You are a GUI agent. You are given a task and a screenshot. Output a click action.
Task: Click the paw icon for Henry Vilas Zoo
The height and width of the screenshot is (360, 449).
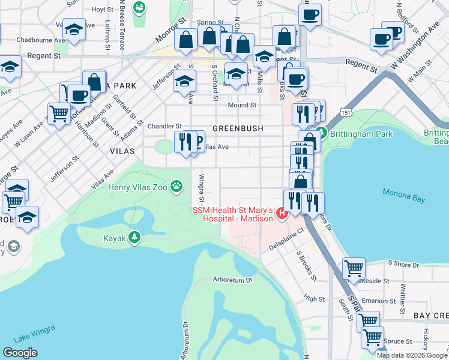[176, 187]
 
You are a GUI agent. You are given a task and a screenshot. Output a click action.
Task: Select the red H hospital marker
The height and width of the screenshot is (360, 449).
[282, 213]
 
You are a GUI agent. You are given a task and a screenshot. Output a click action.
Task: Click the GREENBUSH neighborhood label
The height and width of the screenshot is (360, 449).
[238, 128]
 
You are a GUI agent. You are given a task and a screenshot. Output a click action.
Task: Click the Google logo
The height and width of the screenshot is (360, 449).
[20, 353]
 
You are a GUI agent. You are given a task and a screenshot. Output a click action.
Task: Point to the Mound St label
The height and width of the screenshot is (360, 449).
[242, 105]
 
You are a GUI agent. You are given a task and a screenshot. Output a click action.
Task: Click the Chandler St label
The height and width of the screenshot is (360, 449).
[164, 126]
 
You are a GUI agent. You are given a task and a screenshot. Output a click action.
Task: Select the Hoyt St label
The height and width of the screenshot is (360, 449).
[103, 10]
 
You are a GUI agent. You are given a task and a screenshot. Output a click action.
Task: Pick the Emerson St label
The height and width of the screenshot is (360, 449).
[375, 301]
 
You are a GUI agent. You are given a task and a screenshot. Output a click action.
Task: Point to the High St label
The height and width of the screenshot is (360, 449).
[314, 298]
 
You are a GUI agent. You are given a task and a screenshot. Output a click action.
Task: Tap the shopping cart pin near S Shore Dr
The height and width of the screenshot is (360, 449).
[354, 268]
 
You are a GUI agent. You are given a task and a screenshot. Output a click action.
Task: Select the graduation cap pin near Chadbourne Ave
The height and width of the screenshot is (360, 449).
[74, 30]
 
